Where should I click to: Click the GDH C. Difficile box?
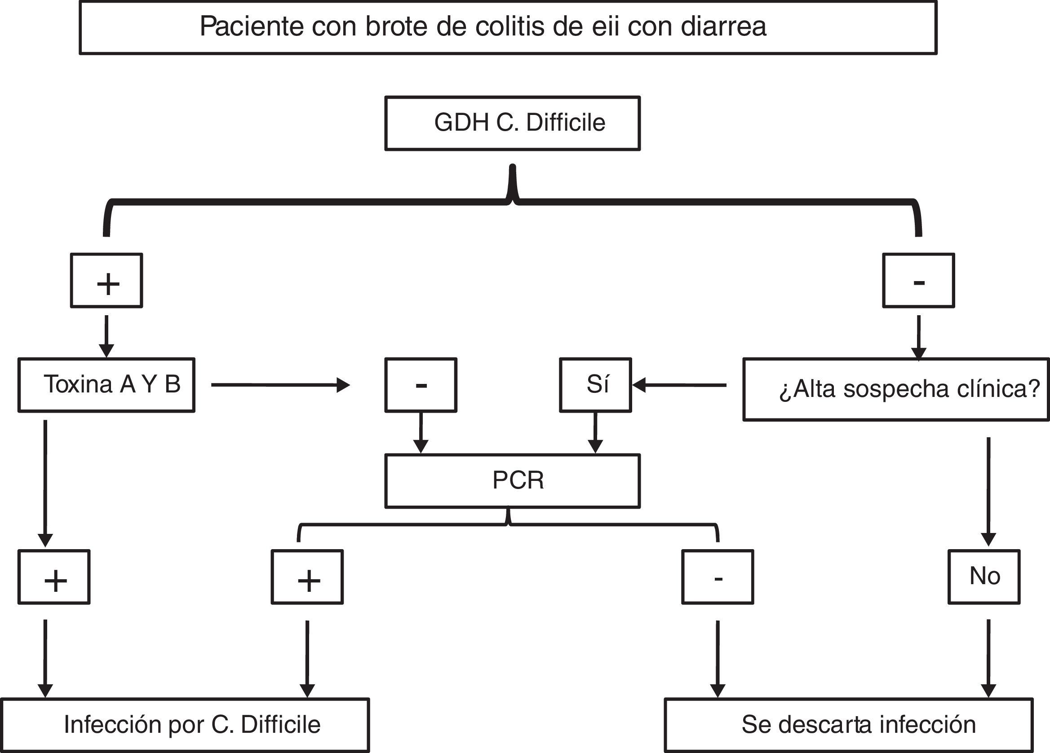pos(513,123)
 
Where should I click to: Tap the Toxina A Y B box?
pos(106,385)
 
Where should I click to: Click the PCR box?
pos(513,481)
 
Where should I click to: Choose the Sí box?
pos(595,385)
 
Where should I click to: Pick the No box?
pos(984,577)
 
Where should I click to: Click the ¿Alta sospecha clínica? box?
pos(895,389)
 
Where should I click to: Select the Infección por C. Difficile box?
pos(185,725)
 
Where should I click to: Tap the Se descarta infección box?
pos(849,725)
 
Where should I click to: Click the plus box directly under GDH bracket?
pos(106,281)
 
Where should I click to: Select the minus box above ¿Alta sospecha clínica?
pos(918,281)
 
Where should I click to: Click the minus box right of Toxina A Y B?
pos(421,385)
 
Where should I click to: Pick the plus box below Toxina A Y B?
pos(54,577)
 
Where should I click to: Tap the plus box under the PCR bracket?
pos(307,577)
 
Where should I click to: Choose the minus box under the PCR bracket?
pos(718,577)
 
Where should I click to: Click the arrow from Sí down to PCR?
pos(595,432)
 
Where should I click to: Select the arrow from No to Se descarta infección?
pos(988,657)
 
